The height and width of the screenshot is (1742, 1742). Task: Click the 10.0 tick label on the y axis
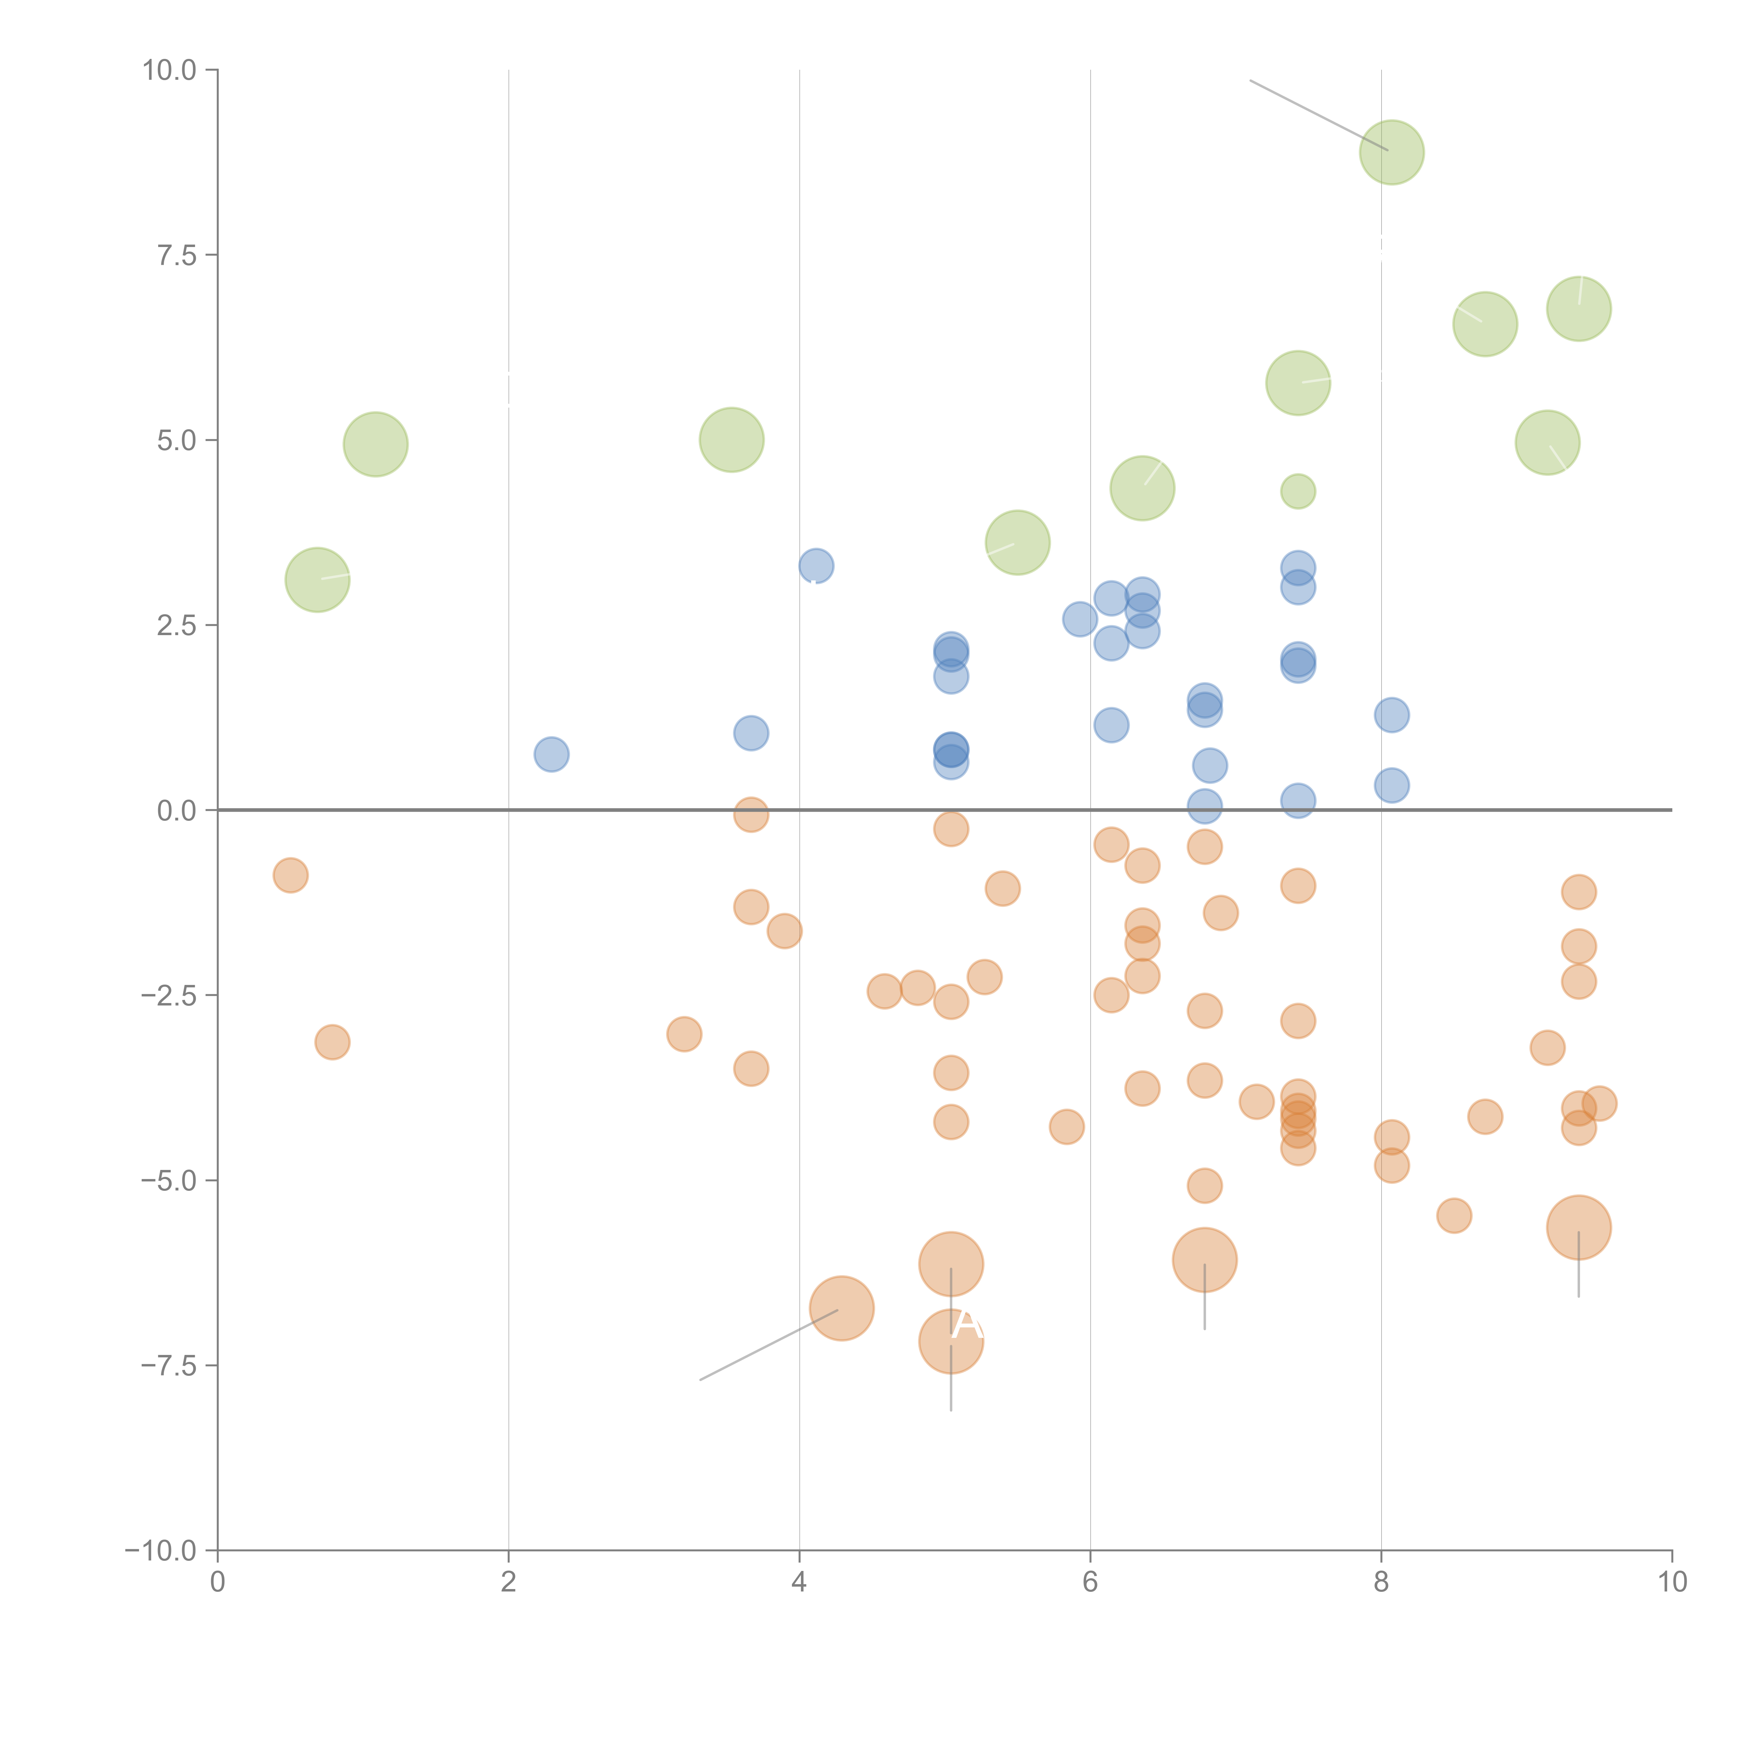coord(170,70)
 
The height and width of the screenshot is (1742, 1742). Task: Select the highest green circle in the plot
coord(1391,152)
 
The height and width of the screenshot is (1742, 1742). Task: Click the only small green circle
coord(1297,491)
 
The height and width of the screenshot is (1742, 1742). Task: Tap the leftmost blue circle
coord(551,754)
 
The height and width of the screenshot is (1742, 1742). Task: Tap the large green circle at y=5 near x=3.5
coord(731,440)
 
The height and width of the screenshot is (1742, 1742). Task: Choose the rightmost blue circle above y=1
coord(1391,715)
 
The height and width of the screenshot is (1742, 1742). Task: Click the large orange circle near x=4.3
coord(841,1308)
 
